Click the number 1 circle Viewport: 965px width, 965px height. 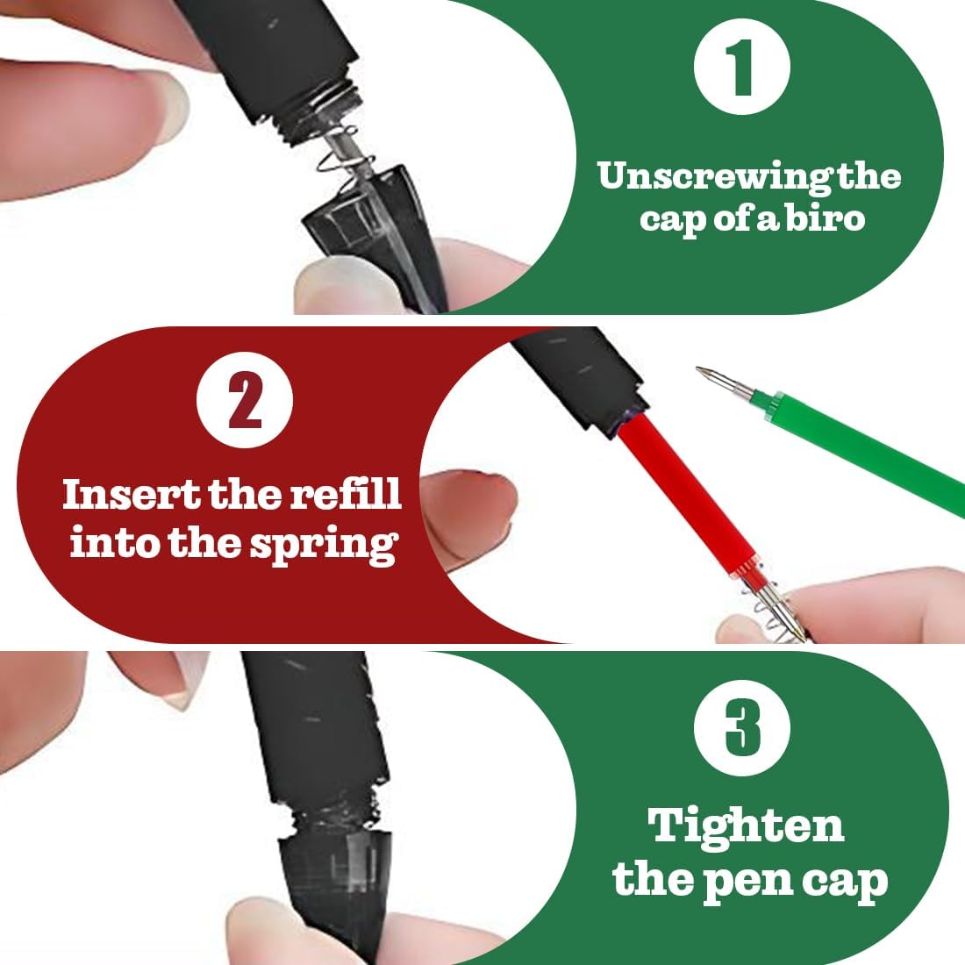pos(741,67)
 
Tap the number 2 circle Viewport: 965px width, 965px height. pos(245,400)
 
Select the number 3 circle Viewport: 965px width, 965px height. pos(741,728)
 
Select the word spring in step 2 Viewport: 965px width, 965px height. pos(324,546)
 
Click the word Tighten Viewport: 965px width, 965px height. pos(746,826)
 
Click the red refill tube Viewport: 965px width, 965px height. pos(690,492)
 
